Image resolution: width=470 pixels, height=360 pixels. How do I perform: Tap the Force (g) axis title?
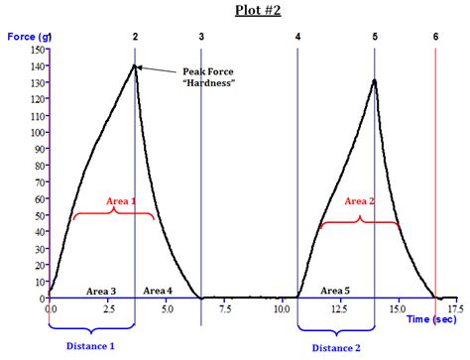[x=29, y=36]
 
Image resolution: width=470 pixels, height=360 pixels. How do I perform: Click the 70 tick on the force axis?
[x=39, y=181]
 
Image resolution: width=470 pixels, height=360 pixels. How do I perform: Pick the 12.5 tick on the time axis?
[x=339, y=309]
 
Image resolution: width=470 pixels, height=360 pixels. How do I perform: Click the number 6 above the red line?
[x=435, y=36]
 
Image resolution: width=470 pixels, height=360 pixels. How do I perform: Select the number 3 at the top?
[x=201, y=36]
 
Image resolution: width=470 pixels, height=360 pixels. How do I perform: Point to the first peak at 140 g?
[x=135, y=65]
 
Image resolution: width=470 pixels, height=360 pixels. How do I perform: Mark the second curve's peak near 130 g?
[x=374, y=80]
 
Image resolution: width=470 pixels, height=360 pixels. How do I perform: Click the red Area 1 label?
[x=121, y=201]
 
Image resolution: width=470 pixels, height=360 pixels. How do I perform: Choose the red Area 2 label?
[x=359, y=200]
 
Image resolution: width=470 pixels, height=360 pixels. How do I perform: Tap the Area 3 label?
[x=100, y=291]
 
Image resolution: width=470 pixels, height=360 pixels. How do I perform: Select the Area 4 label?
[x=158, y=291]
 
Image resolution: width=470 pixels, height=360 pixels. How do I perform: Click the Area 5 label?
[x=335, y=291]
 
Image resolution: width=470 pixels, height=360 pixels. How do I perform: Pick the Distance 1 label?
[x=90, y=346]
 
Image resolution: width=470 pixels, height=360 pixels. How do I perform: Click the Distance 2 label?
[x=336, y=347]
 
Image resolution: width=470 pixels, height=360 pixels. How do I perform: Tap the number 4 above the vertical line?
[x=297, y=36]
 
